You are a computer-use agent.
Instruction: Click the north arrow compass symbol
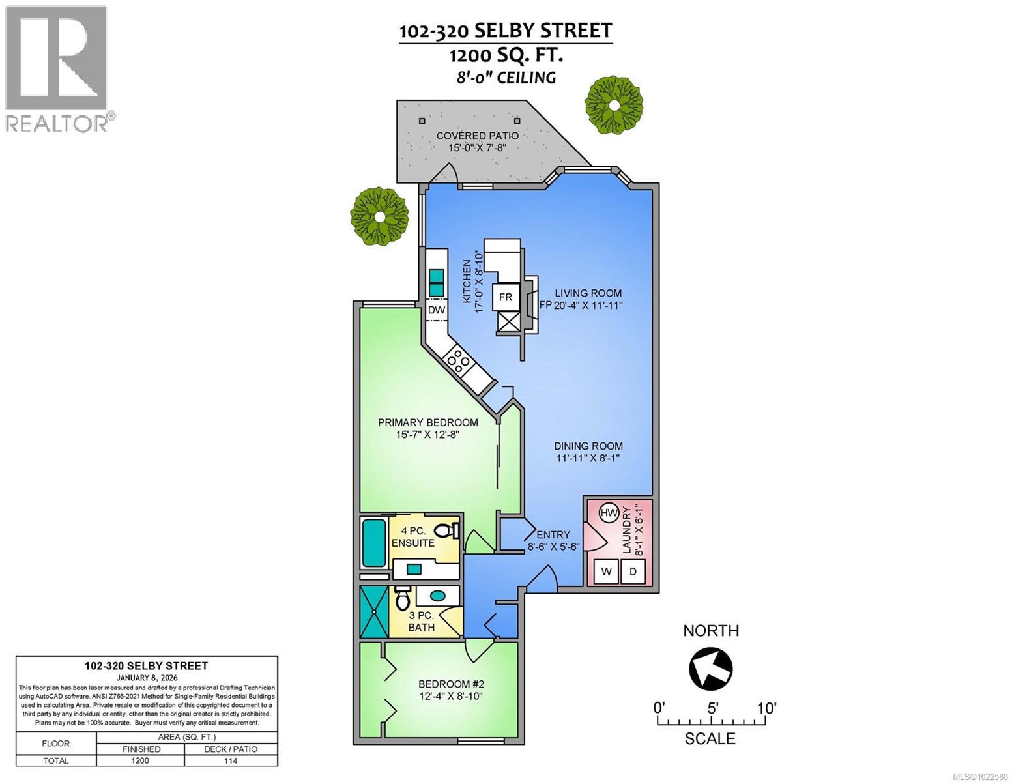[x=710, y=668]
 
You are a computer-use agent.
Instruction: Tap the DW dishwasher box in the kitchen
[x=436, y=310]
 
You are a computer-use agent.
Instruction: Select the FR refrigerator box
[x=506, y=297]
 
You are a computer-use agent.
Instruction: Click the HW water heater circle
[x=609, y=514]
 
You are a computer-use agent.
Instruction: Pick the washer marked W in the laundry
[x=607, y=572]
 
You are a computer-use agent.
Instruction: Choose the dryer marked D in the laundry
[x=632, y=572]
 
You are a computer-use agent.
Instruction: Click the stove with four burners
[x=457, y=360]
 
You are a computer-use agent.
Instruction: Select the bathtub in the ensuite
[x=375, y=542]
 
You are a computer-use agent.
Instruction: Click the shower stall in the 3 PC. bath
[x=375, y=611]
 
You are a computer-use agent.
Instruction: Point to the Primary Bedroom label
[x=428, y=428]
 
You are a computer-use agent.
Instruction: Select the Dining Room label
[x=588, y=452]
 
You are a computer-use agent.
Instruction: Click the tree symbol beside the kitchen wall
[x=379, y=216]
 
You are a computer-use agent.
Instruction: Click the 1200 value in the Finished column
[x=140, y=760]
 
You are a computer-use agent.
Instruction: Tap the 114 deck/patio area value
[x=231, y=760]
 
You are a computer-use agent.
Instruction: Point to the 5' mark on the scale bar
[x=712, y=708]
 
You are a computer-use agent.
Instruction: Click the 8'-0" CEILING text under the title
[x=506, y=78]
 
